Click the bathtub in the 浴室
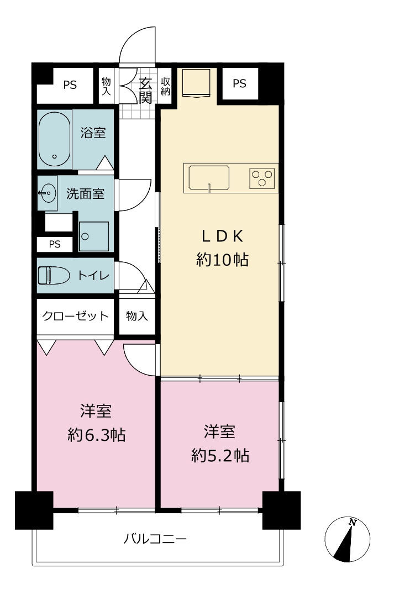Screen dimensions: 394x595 tap(55, 139)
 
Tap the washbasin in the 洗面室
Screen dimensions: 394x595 tap(48, 193)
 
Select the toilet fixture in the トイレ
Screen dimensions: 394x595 tap(54, 276)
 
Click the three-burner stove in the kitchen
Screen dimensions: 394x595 tap(262, 178)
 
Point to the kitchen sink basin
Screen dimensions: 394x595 tap(209, 177)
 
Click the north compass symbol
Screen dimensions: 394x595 tap(348, 539)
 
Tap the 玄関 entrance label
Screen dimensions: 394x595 tap(145, 90)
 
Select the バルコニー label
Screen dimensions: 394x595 tap(155, 539)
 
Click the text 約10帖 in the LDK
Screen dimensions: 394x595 tap(223, 260)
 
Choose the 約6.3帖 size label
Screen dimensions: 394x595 tap(96, 435)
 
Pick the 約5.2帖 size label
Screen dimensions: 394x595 tap(220, 455)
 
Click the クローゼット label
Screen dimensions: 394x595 tap(76, 315)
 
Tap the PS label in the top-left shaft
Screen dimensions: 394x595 tap(70, 85)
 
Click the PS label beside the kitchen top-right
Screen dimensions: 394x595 tap(239, 83)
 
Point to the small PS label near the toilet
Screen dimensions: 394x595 tap(55, 244)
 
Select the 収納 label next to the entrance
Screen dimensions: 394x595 tap(165, 87)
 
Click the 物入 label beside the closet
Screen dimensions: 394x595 tap(136, 315)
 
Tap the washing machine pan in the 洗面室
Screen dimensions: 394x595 tap(94, 236)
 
